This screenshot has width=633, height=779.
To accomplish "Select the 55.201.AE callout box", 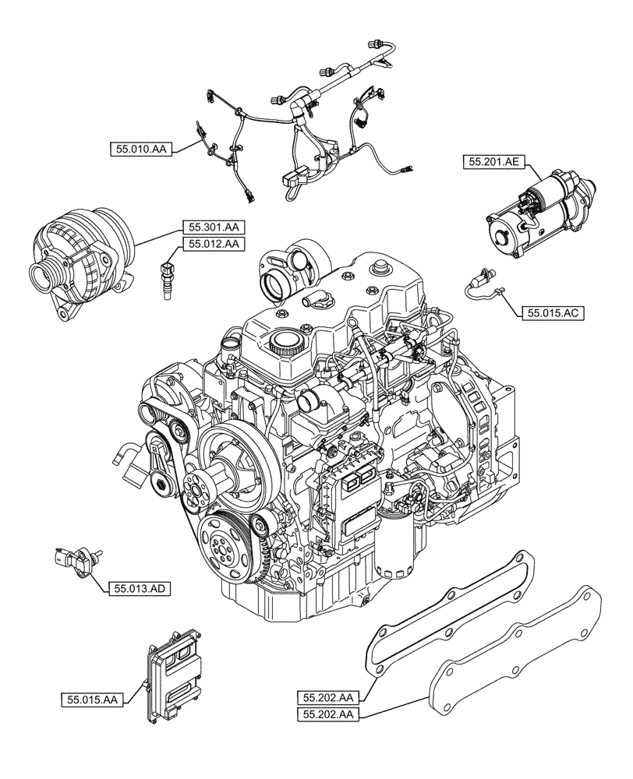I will click(x=495, y=162).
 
